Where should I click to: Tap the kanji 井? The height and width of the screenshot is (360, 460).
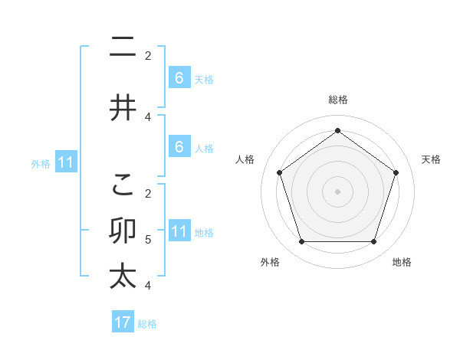123,108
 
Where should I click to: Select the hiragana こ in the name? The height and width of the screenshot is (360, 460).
123,184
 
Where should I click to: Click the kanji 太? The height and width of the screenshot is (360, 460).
123,276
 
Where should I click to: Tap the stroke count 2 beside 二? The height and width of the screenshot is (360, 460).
148,56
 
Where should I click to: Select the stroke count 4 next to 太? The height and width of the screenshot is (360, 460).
148,286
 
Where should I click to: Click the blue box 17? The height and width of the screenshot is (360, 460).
123,322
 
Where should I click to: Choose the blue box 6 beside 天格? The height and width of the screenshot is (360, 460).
179,77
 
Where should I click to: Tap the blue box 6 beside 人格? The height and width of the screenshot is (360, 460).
179,146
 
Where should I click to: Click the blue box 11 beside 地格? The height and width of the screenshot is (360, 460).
179,231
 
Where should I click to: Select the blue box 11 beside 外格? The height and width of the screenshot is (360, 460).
65,162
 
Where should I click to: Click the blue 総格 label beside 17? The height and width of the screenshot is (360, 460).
147,324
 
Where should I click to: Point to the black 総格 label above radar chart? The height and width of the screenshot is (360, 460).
337,100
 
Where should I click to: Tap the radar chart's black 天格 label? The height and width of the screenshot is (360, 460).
431,159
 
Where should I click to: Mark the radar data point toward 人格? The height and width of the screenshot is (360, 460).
280,172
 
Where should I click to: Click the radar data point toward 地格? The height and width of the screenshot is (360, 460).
373,242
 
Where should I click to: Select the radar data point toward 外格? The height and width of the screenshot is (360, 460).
301,242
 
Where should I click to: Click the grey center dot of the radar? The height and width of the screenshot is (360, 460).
337,191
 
